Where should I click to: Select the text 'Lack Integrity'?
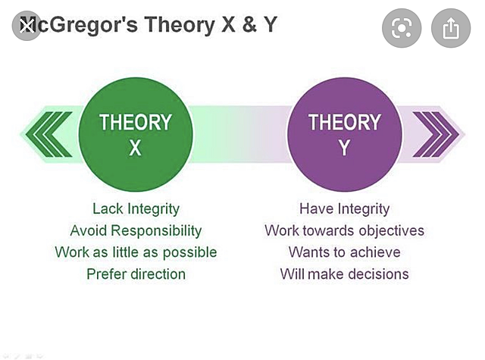pyautogui.click(x=136, y=208)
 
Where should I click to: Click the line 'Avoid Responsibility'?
pyautogui.click(x=136, y=230)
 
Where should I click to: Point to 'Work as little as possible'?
pyautogui.click(x=136, y=252)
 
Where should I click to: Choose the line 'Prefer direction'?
pyautogui.click(x=136, y=274)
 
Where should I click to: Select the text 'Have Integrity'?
pyautogui.click(x=344, y=208)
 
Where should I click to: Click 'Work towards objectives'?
pyautogui.click(x=344, y=230)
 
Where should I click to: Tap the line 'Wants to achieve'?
pyautogui.click(x=344, y=252)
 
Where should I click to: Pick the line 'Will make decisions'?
pyautogui.click(x=344, y=274)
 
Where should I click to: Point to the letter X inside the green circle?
pyautogui.click(x=135, y=149)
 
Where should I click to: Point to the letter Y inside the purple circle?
pyautogui.click(x=344, y=149)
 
